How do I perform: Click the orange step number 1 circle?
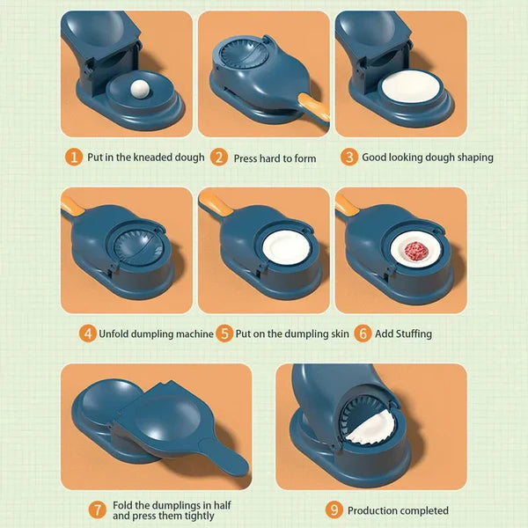(x=75, y=158)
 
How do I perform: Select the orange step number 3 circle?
(x=349, y=158)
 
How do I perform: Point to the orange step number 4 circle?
(x=88, y=334)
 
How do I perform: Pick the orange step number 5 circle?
(x=224, y=334)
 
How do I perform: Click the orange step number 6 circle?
(x=362, y=334)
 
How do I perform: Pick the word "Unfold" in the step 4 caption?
(x=118, y=334)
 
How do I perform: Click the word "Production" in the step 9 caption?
(x=375, y=510)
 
